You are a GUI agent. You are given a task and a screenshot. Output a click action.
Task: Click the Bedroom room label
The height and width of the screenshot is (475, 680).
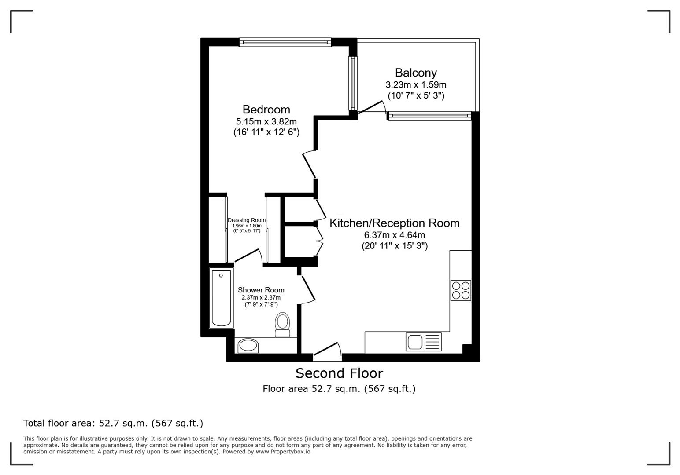click(266, 110)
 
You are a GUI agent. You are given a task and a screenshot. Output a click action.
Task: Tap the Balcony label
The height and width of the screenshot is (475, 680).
click(415, 73)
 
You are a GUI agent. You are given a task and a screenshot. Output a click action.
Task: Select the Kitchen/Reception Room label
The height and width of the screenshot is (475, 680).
click(394, 223)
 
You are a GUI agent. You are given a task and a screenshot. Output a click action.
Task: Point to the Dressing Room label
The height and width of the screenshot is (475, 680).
click(247, 220)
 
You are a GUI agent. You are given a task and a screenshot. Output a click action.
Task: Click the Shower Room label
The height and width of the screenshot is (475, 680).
click(261, 290)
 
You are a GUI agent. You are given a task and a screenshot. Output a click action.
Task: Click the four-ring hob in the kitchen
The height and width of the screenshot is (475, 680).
click(461, 290)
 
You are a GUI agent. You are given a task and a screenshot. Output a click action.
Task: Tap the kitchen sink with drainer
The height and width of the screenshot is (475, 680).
click(423, 342)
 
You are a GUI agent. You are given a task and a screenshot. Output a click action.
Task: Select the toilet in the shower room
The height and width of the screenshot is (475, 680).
click(282, 325)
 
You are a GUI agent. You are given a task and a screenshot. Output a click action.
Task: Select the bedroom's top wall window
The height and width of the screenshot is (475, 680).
click(285, 42)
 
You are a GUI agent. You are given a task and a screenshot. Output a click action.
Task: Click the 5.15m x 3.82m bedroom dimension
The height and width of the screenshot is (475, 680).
click(266, 121)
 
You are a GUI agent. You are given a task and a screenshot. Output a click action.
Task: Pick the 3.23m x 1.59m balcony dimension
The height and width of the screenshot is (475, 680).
click(415, 84)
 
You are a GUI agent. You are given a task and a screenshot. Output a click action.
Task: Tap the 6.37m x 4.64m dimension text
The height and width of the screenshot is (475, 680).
click(394, 235)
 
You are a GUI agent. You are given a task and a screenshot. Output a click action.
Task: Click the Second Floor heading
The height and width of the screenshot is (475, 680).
click(339, 373)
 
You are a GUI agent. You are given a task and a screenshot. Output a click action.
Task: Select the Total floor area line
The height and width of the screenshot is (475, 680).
click(113, 423)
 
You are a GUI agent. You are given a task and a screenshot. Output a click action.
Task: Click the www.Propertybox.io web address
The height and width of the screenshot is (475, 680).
click(283, 452)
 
